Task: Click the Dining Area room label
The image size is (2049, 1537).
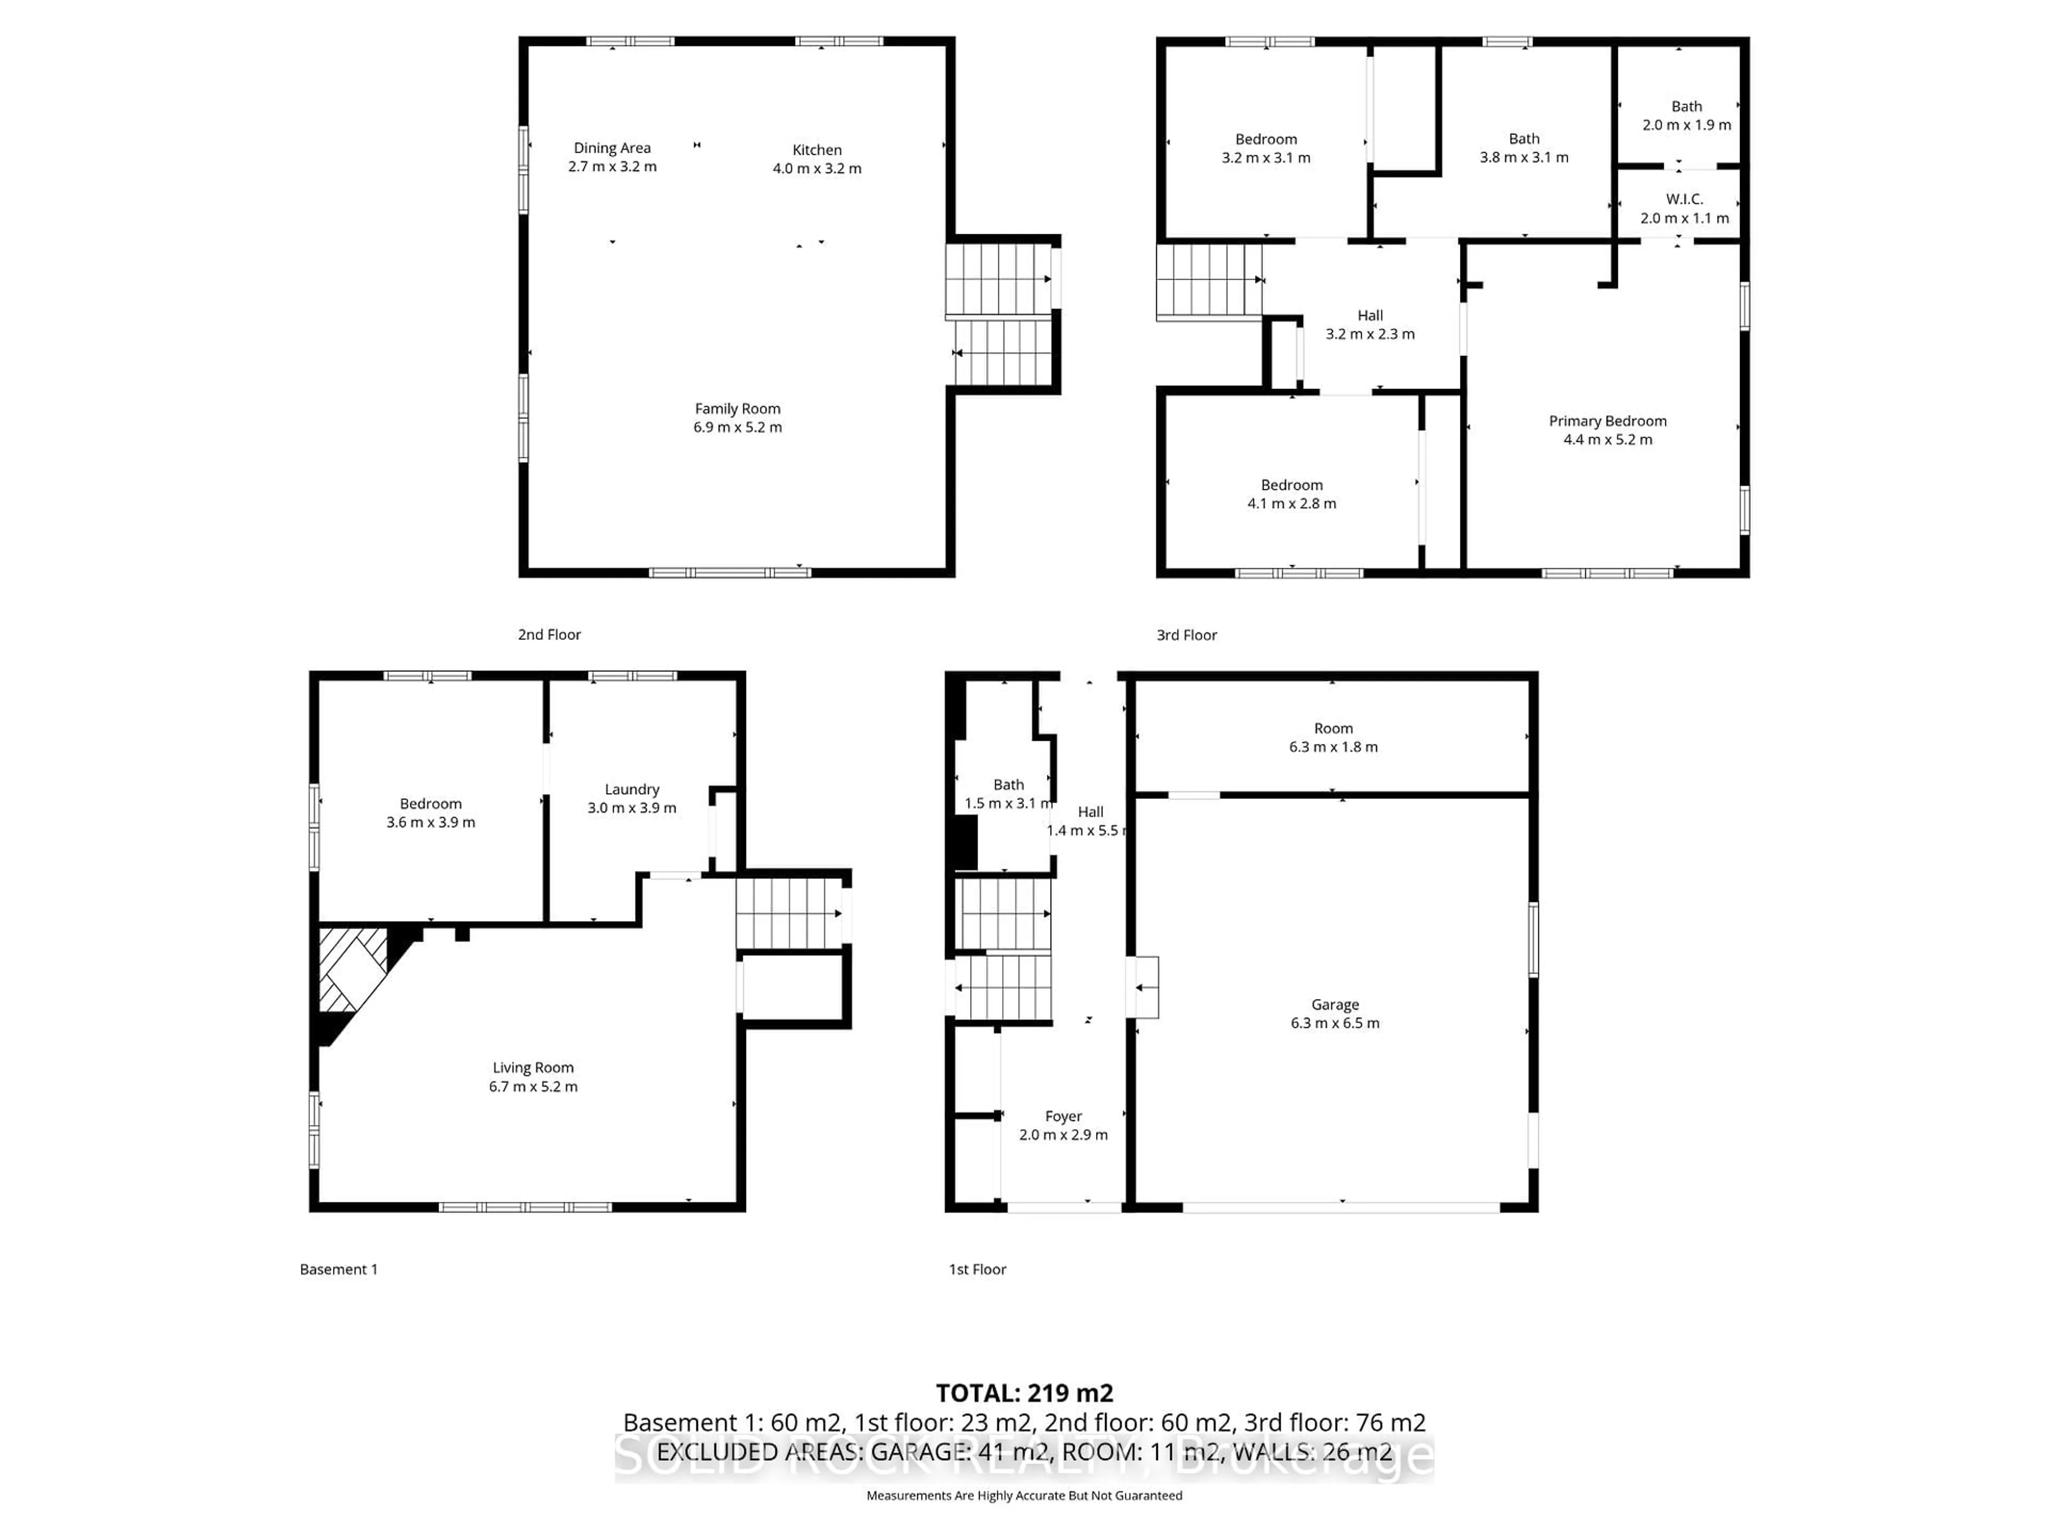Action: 611,148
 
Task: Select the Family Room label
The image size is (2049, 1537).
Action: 737,409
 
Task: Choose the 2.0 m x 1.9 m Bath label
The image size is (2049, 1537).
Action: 1686,116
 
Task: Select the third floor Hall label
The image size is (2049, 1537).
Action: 1369,316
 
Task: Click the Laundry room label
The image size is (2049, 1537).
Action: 632,789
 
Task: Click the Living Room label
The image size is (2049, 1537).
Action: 533,1068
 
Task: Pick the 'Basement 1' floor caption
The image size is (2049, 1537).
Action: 338,1269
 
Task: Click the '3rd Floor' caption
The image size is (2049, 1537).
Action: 1186,635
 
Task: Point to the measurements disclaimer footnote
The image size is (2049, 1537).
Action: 1023,1495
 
